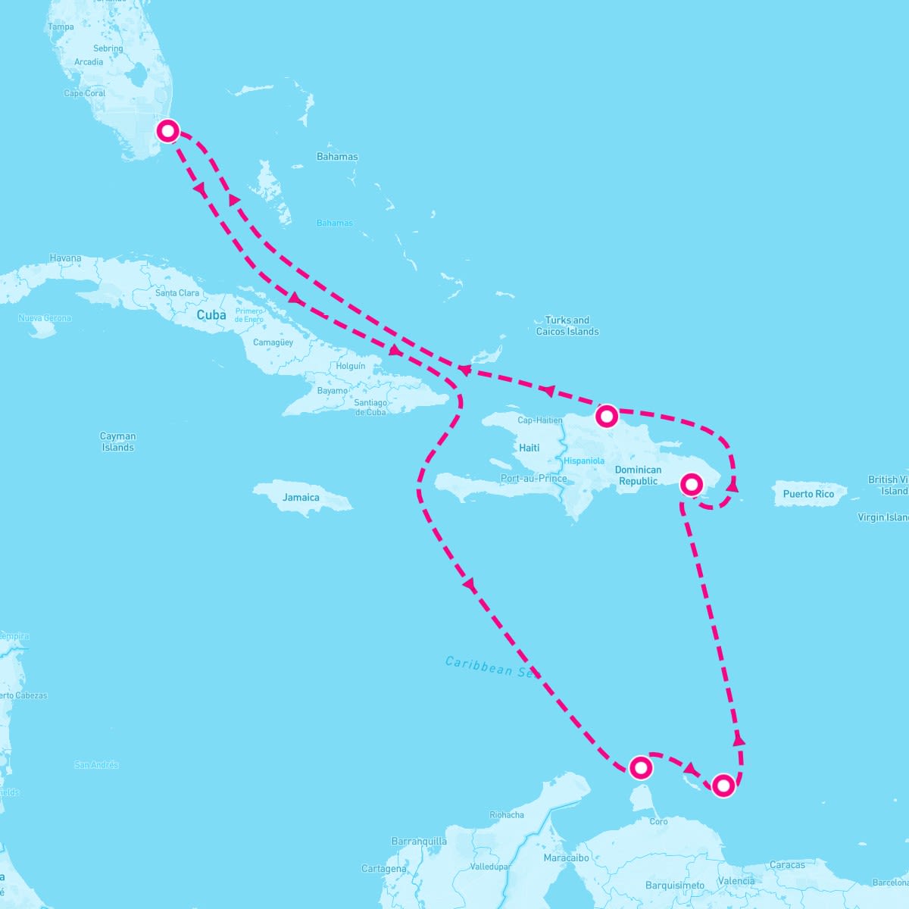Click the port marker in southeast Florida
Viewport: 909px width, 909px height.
point(167,131)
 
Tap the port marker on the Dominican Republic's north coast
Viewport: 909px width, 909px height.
point(607,416)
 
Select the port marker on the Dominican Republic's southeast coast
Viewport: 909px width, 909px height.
point(691,484)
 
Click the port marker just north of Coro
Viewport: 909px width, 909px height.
point(641,768)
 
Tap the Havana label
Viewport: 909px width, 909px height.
point(65,258)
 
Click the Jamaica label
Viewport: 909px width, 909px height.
point(301,498)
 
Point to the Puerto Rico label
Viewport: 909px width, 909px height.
point(808,494)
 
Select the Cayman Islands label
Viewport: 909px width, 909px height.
point(118,442)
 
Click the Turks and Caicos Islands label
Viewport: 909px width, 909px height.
point(567,326)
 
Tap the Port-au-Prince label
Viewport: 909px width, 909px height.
point(533,479)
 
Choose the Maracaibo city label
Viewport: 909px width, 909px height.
point(566,858)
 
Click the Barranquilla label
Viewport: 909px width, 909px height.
point(419,842)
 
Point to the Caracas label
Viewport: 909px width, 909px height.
point(787,865)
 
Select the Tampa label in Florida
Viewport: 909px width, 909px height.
point(61,27)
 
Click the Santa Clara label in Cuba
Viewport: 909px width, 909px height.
point(177,293)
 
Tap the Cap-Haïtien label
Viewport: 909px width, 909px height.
point(540,420)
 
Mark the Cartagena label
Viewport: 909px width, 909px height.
point(384,869)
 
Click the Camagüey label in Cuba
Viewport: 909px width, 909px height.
point(273,342)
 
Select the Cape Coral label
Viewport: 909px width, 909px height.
point(85,94)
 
